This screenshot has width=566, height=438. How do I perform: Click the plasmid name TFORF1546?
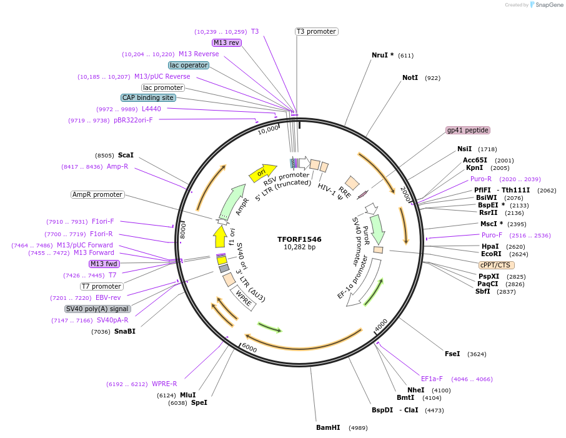(x=300, y=239)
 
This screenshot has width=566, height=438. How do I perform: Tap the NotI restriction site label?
(x=410, y=78)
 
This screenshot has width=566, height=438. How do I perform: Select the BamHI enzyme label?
(x=328, y=428)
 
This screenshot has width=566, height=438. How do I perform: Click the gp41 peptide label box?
(x=468, y=131)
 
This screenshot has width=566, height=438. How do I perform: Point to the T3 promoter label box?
(x=316, y=31)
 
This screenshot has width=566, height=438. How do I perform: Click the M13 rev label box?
(x=226, y=42)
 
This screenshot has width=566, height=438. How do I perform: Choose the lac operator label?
(x=189, y=65)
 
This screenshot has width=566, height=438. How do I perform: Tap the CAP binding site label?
(x=148, y=97)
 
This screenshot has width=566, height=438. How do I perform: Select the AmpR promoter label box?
(x=97, y=194)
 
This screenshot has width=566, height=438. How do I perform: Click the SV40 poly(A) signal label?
(x=97, y=309)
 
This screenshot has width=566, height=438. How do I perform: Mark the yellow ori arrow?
(x=262, y=173)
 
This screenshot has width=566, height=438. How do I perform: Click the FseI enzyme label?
(x=452, y=354)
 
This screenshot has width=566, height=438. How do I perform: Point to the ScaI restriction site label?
(x=126, y=155)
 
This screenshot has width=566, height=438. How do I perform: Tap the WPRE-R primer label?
(x=164, y=384)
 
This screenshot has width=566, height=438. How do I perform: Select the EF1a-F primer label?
(x=432, y=379)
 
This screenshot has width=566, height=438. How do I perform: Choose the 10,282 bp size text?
(x=300, y=247)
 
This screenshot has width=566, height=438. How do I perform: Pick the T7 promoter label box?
(x=102, y=286)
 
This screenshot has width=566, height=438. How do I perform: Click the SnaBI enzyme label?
(x=124, y=331)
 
